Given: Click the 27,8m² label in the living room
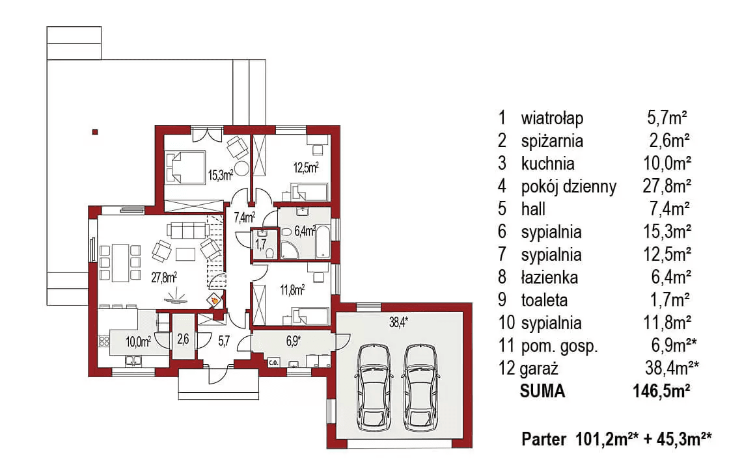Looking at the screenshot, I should coord(163,278).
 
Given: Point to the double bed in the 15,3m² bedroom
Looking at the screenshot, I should coord(185,166).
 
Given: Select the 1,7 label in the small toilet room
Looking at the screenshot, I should coord(260,245).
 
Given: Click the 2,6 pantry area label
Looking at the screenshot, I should coord(183,339).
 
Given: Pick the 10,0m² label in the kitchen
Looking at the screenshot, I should coord(138,339).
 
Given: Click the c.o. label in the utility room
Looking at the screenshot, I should coord(273,363).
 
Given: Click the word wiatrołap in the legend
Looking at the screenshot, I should coord(552,118).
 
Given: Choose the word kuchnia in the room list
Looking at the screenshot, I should coord(547,164).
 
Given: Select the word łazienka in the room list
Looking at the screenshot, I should coord(549,278).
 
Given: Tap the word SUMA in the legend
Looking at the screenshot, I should coord(542,391).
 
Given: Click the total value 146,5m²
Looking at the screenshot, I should coord(661,391).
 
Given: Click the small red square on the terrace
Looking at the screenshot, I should coord(95,133).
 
